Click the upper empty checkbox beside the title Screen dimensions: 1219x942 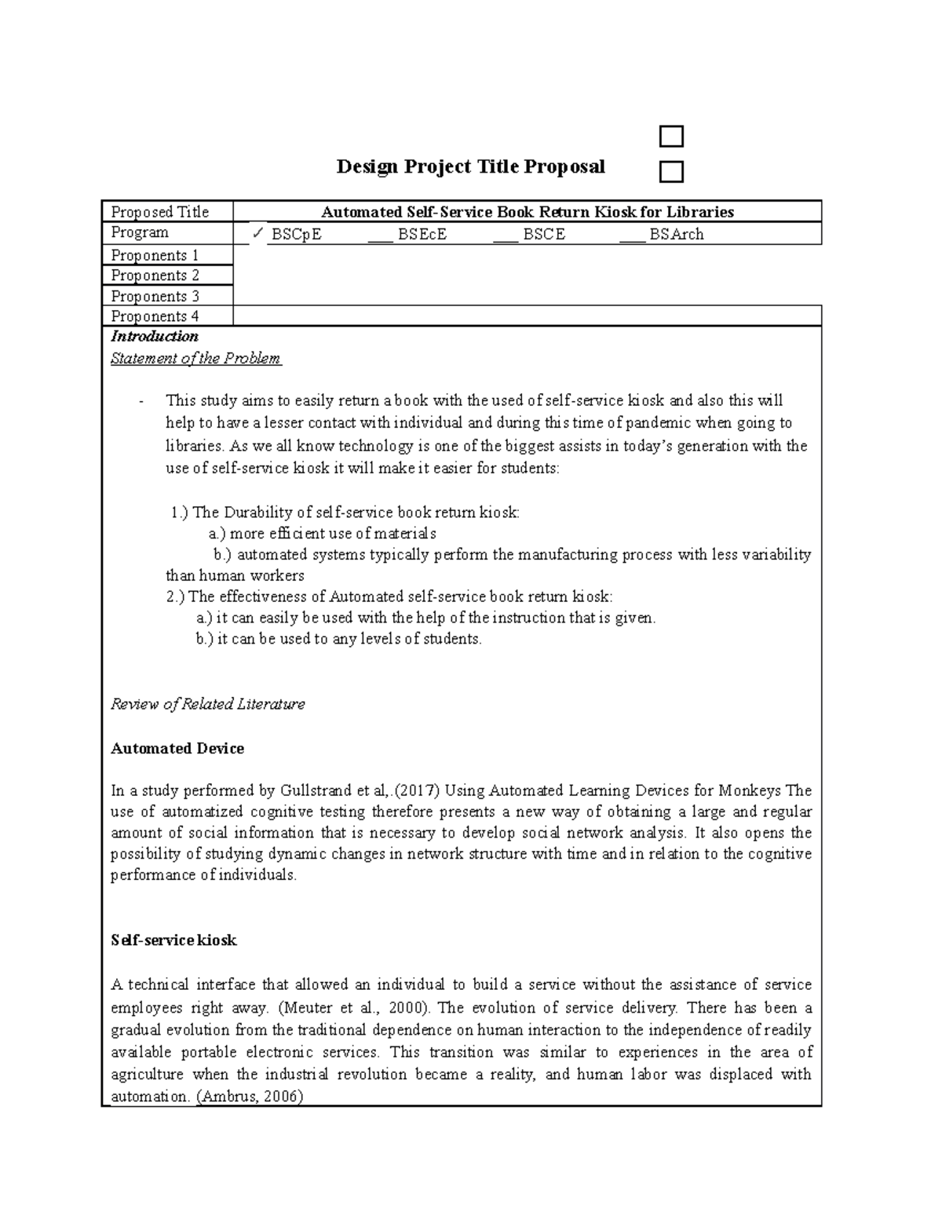coord(671,137)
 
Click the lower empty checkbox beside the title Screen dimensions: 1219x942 coord(671,172)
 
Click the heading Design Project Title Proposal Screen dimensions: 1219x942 coord(470,166)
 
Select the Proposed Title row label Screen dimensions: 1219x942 coord(160,212)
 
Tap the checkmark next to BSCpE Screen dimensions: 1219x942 coord(257,233)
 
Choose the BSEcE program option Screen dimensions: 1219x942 coord(422,234)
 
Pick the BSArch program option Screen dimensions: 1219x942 coord(676,234)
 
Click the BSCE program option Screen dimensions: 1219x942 coord(544,234)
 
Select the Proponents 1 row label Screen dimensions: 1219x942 coord(155,255)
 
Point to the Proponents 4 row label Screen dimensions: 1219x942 coord(155,316)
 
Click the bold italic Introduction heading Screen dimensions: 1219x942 coord(155,337)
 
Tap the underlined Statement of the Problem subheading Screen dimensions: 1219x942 coord(195,359)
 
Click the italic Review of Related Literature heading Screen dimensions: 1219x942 coord(207,704)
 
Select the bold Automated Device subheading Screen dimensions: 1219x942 coord(177,748)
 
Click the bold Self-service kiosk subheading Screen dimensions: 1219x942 coord(173,940)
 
